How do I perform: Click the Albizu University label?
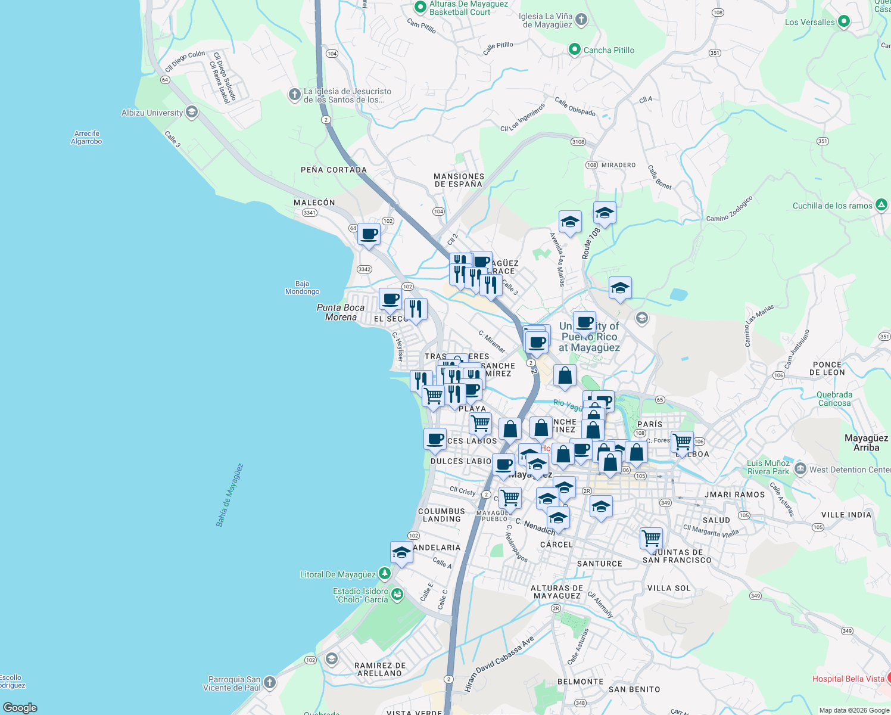[152, 113]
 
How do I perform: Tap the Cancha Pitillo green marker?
[574, 49]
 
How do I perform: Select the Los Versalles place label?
[809, 22]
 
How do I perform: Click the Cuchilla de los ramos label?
[832, 206]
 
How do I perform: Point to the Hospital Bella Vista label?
[848, 679]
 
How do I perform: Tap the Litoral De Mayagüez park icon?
[385, 574]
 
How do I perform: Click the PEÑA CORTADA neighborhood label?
[334, 170]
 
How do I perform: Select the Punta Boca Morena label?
[341, 312]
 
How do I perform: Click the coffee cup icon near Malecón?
[369, 234]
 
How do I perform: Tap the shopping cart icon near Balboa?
[682, 442]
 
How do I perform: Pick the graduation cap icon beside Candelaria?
[401, 552]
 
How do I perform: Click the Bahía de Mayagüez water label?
[229, 495]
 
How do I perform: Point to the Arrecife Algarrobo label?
[86, 138]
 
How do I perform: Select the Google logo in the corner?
[20, 707]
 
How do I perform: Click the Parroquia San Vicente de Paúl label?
[234, 683]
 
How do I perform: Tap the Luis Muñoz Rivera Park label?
[768, 467]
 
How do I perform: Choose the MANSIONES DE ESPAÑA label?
[459, 180]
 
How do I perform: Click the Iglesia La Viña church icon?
[581, 20]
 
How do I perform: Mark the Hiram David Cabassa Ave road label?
[499, 664]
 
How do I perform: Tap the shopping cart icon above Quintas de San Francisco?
[651, 537]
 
